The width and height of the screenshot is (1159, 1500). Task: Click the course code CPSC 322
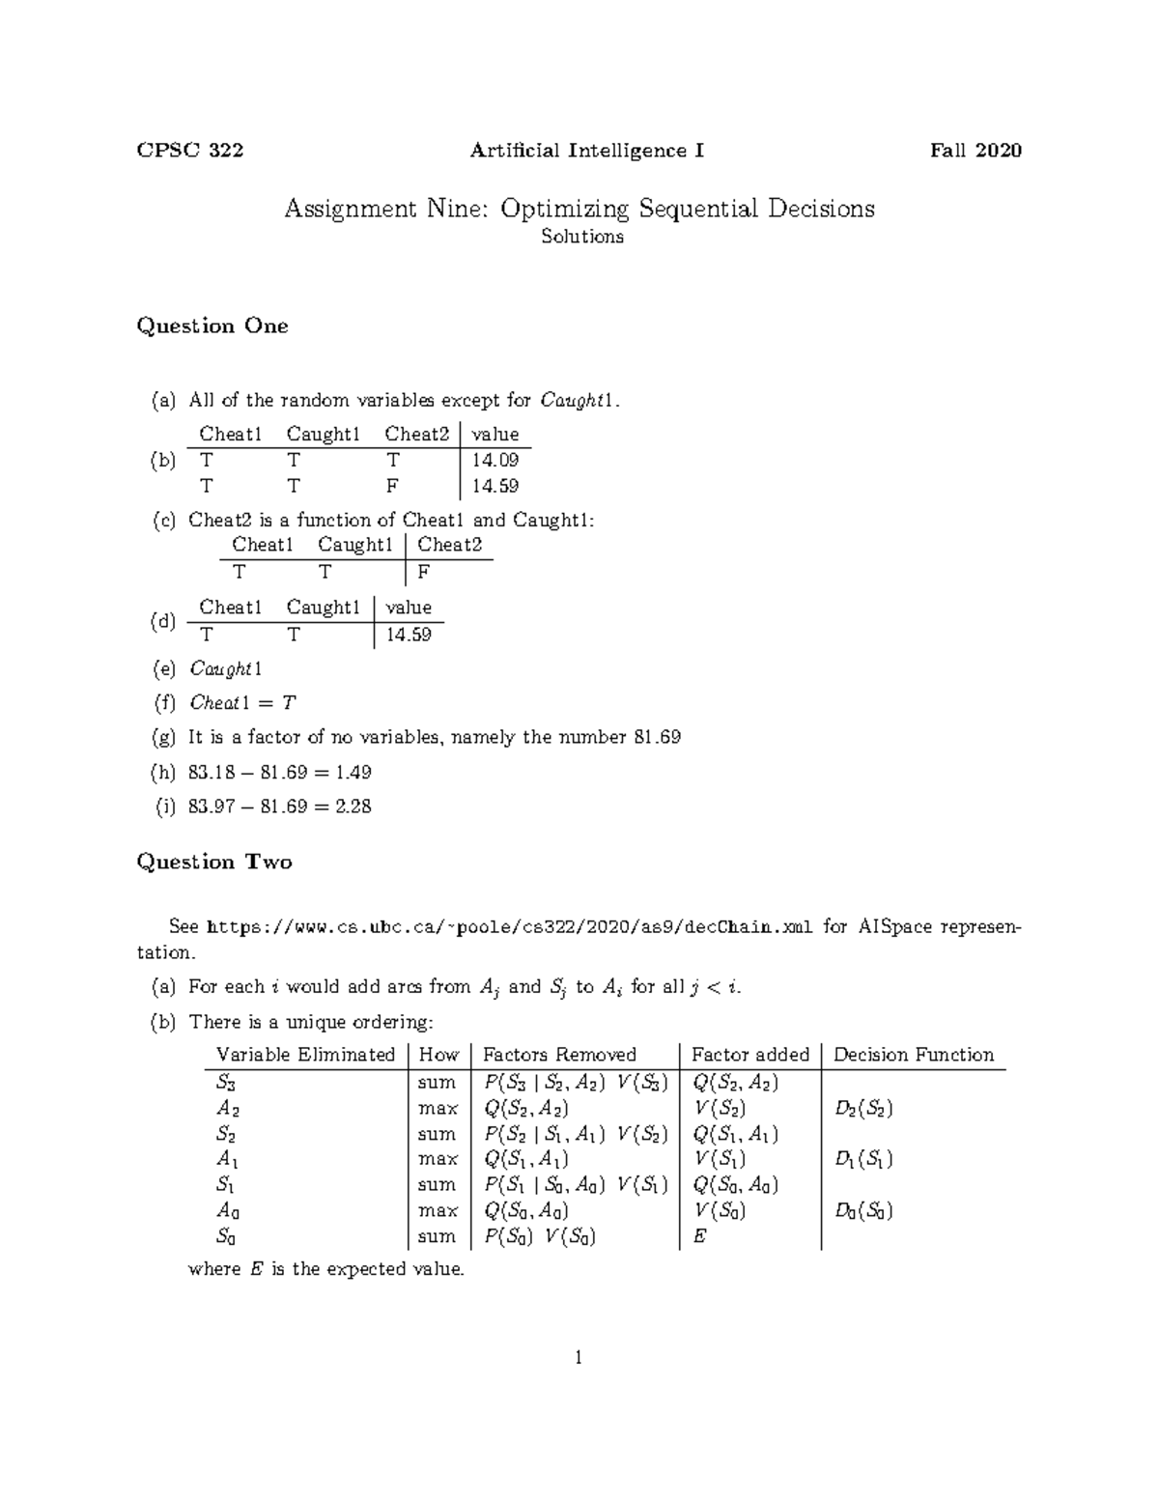189,151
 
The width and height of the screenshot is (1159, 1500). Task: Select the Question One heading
212,326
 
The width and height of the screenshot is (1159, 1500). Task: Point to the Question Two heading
214,863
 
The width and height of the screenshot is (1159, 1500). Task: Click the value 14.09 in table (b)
495,461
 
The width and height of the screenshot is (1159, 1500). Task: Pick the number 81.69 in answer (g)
657,738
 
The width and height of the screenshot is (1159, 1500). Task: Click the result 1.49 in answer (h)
352,773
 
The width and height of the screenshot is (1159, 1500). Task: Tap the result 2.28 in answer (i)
353,807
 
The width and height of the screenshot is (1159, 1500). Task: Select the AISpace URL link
511,927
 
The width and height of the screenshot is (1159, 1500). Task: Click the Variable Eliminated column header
305,1055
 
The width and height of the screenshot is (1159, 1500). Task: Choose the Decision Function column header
913,1055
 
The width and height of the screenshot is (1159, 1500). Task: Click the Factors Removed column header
559,1055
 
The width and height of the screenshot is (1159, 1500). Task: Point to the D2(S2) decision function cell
863,1109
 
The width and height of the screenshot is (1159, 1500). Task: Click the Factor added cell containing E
700,1236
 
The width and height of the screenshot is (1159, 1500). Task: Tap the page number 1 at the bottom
579,1359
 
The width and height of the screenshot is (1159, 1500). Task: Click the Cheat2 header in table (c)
449,545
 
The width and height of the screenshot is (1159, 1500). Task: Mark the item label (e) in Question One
164,669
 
